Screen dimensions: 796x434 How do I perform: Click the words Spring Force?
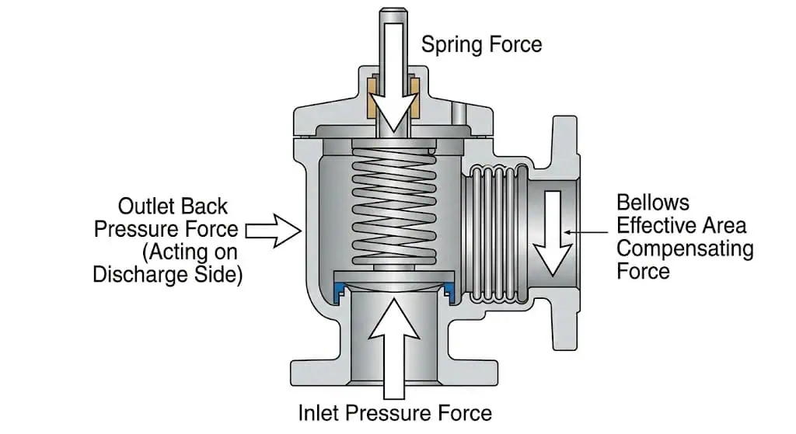tap(481, 44)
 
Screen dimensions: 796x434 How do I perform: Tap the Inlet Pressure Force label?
tap(395, 413)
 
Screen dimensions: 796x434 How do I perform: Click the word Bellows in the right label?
tap(653, 203)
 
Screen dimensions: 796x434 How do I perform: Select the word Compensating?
tap(685, 249)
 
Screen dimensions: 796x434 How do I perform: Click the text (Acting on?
tap(190, 252)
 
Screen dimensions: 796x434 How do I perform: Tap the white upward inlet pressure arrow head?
tap(394, 318)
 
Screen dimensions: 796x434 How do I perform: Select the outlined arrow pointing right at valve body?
tap(274, 231)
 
